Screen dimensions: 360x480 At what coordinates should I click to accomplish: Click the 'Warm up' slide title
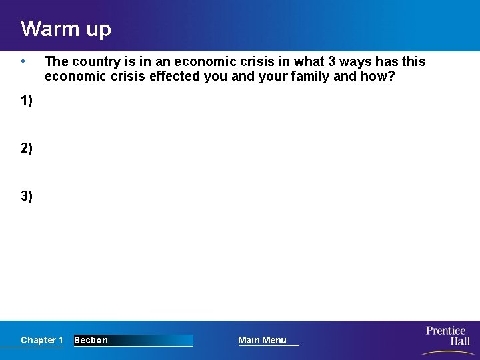pyautogui.click(x=65, y=29)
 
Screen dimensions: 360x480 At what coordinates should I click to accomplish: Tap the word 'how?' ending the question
pyautogui.click(x=378, y=77)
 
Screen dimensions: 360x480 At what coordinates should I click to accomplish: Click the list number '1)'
pyautogui.click(x=27, y=101)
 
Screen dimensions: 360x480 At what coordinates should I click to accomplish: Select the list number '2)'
pyautogui.click(x=27, y=148)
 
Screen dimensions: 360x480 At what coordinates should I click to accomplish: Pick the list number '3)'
pyautogui.click(x=27, y=196)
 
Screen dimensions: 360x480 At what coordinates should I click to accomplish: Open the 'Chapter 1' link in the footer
pyautogui.click(x=42, y=340)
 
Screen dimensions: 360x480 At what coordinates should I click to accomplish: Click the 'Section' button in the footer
pyautogui.click(x=91, y=340)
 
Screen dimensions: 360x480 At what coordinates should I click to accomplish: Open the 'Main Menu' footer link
pyautogui.click(x=262, y=340)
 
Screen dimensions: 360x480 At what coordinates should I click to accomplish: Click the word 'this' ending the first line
pyautogui.click(x=413, y=62)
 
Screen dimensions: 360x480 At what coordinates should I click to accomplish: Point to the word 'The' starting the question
pyautogui.click(x=57, y=62)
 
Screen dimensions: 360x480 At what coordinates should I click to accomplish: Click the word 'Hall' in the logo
pyautogui.click(x=459, y=341)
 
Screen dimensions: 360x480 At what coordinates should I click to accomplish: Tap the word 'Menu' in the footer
pyautogui.click(x=274, y=340)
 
